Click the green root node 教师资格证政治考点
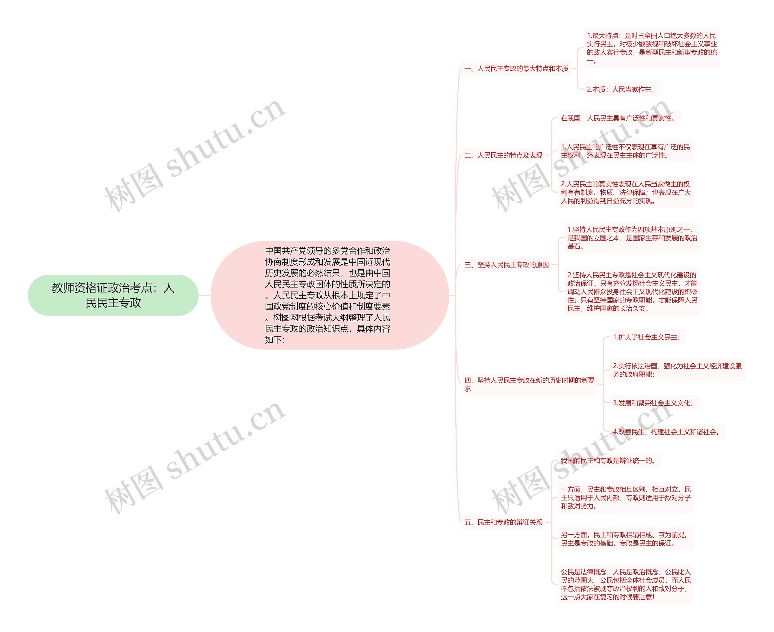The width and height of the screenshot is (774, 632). [113, 295]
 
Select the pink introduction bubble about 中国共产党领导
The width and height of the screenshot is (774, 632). [329, 295]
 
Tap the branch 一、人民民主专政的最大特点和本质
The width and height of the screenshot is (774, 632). [516, 68]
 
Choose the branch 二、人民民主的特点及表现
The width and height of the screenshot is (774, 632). [503, 155]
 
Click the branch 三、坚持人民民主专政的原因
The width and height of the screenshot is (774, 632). [506, 265]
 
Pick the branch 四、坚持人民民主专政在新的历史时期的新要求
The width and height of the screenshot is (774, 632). [529, 384]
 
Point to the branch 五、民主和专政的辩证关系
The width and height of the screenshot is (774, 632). [503, 522]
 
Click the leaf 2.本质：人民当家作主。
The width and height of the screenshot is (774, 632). [622, 89]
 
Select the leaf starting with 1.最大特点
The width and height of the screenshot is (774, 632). [651, 48]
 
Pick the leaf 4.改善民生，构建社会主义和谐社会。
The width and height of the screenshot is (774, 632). [667, 432]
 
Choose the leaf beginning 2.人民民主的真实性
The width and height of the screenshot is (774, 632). [625, 192]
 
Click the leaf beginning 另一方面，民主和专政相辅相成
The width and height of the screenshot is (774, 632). [625, 539]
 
